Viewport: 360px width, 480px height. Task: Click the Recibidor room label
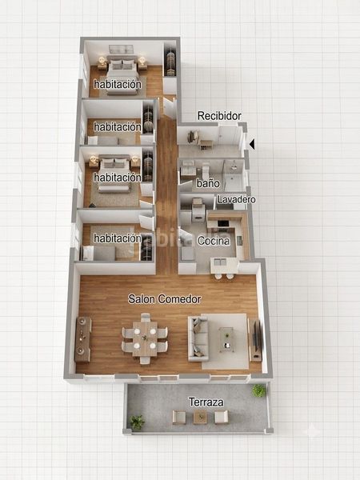[219, 116]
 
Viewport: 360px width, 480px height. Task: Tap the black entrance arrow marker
[252, 144]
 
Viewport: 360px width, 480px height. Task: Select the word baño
[208, 183]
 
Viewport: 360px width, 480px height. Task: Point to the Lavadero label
[236, 199]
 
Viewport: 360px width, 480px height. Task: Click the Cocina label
[214, 241]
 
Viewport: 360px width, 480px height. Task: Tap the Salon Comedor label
[164, 298]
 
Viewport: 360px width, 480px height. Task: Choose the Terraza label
[206, 402]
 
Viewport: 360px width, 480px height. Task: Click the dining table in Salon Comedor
[145, 338]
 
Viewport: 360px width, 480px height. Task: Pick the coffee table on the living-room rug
[227, 340]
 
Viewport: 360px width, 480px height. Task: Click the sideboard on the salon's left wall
[82, 339]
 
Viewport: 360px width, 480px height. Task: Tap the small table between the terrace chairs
[200, 417]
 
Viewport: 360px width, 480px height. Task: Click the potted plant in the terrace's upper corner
[259, 390]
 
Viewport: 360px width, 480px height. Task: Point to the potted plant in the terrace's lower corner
[137, 422]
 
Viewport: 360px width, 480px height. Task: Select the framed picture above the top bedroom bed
[122, 49]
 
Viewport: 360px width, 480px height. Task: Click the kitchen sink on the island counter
[220, 262]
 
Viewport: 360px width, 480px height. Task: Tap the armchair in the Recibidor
[194, 136]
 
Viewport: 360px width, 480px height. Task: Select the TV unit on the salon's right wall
[254, 340]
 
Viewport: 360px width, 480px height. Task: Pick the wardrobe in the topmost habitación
[170, 63]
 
